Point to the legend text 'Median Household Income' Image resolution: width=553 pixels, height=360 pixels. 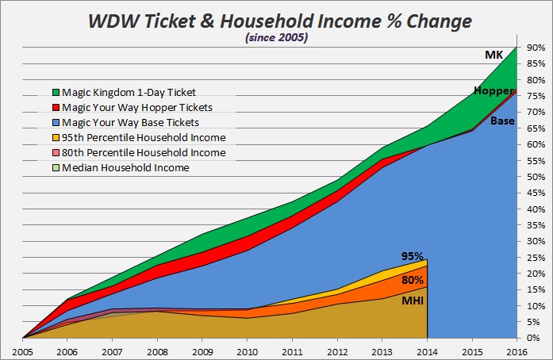[x=126, y=167]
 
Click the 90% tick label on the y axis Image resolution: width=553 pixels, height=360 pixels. [x=535, y=48]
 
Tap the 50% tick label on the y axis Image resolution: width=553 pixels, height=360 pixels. [x=535, y=177]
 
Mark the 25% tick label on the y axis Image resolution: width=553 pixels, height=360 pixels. [x=535, y=258]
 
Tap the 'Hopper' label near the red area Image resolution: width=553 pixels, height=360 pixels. [x=490, y=91]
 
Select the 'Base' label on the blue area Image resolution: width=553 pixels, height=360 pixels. [x=501, y=121]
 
